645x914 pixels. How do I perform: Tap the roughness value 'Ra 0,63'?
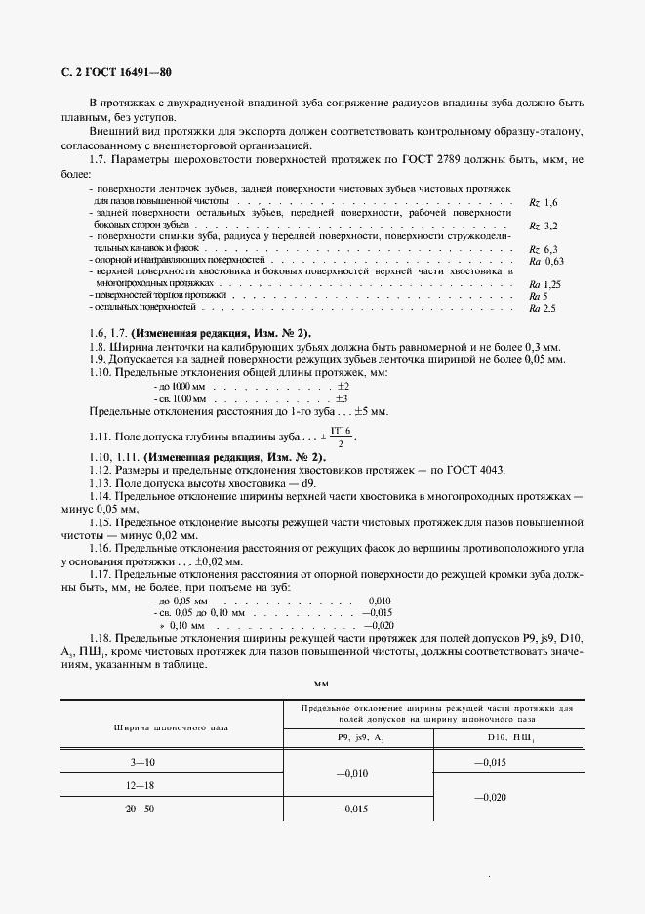pos(546,262)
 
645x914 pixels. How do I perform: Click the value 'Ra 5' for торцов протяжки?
pos(538,295)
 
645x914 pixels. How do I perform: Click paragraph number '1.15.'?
pos(102,523)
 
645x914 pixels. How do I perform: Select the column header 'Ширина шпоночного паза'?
pos(172,727)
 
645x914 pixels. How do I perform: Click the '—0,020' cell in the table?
pos(491,797)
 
